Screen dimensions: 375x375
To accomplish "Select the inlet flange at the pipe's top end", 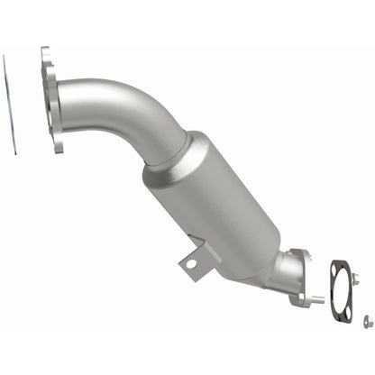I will tap(52, 99).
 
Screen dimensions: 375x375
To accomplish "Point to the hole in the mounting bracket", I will tap(189, 263).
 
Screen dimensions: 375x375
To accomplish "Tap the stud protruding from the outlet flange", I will tap(315, 297).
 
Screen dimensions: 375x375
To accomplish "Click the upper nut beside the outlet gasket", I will tap(354, 281).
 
